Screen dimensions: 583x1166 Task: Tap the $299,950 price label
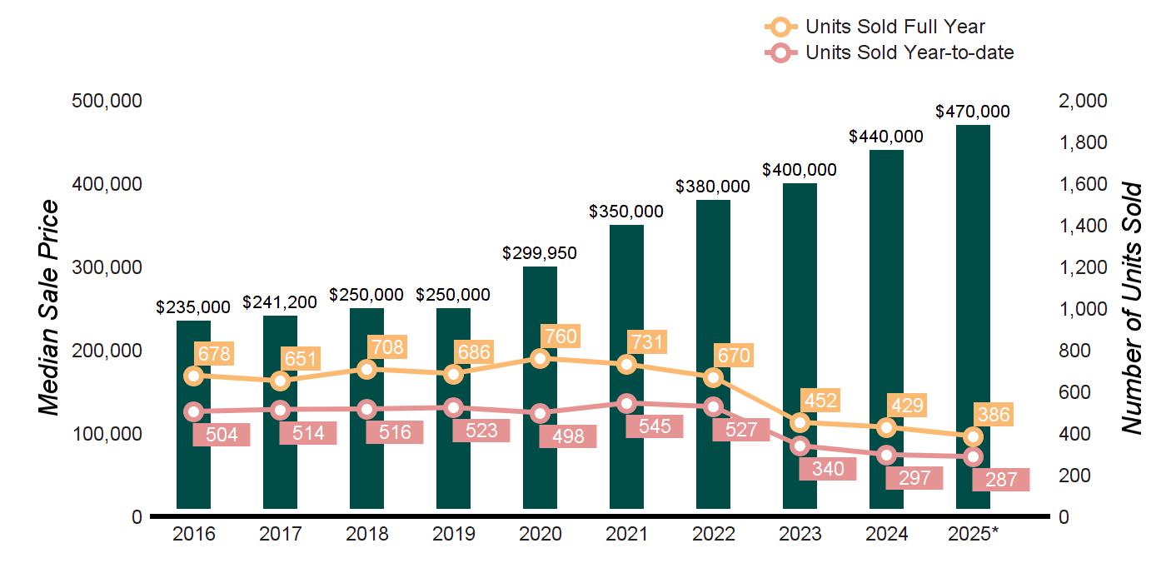pyautogui.click(x=540, y=253)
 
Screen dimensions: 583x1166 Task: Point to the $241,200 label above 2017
pyautogui.click(x=280, y=302)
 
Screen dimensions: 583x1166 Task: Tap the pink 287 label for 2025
pyautogui.click(x=1000, y=480)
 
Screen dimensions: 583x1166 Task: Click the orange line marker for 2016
pyautogui.click(x=193, y=376)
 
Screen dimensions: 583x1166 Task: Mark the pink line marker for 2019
pyautogui.click(x=453, y=407)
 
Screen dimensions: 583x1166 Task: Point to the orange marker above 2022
pyautogui.click(x=713, y=377)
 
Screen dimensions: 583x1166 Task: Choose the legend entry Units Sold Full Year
pyautogui.click(x=894, y=27)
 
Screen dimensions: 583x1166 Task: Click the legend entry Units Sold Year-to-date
pyautogui.click(x=909, y=53)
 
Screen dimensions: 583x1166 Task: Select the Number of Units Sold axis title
pyautogui.click(x=1131, y=308)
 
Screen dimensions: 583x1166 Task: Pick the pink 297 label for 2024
pyautogui.click(x=914, y=478)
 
